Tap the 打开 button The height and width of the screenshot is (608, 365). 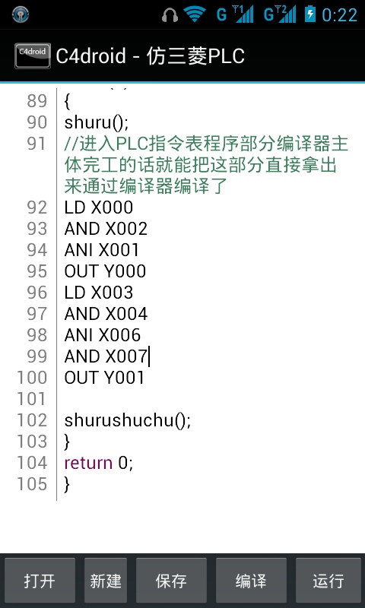coord(40,581)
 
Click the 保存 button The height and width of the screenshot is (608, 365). coord(171,581)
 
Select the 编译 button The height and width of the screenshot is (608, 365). coord(251,581)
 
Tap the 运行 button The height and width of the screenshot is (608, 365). coord(328,581)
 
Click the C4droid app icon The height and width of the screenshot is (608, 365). coord(33,55)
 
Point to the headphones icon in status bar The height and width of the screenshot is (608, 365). coord(170,14)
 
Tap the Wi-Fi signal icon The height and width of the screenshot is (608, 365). coord(195,14)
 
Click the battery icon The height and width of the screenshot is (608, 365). coord(310,14)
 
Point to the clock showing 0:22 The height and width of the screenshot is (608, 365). coord(339,15)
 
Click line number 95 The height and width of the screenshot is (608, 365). coord(36,271)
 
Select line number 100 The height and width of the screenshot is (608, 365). coord(32,378)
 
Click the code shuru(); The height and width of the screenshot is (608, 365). coord(97,122)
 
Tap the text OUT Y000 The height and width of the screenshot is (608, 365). coord(105,271)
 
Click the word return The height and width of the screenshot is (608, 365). coord(88,463)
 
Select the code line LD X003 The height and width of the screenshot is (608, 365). coord(99,293)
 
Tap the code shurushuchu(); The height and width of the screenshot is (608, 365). coord(128,420)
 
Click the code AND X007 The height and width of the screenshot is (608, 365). coord(106,356)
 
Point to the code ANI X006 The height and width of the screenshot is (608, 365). coord(103,335)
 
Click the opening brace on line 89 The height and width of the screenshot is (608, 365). coord(67,102)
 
